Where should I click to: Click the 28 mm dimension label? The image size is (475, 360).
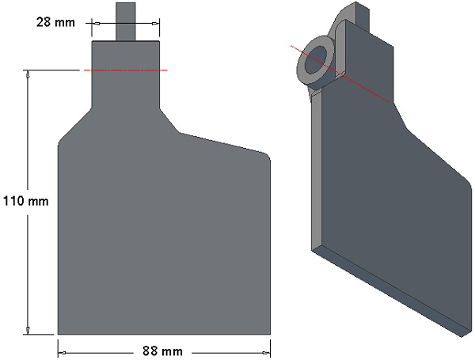tap(55, 22)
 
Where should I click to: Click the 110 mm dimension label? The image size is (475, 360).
tap(26, 201)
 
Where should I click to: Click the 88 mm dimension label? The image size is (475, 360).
tap(162, 351)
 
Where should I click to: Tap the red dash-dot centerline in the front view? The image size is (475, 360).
tap(125, 70)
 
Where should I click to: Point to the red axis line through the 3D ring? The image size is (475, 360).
tap(340, 74)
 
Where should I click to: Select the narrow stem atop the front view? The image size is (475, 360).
tap(126, 21)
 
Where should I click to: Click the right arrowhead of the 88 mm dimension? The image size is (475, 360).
tap(266, 353)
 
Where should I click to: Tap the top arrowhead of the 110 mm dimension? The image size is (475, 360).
tap(28, 74)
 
